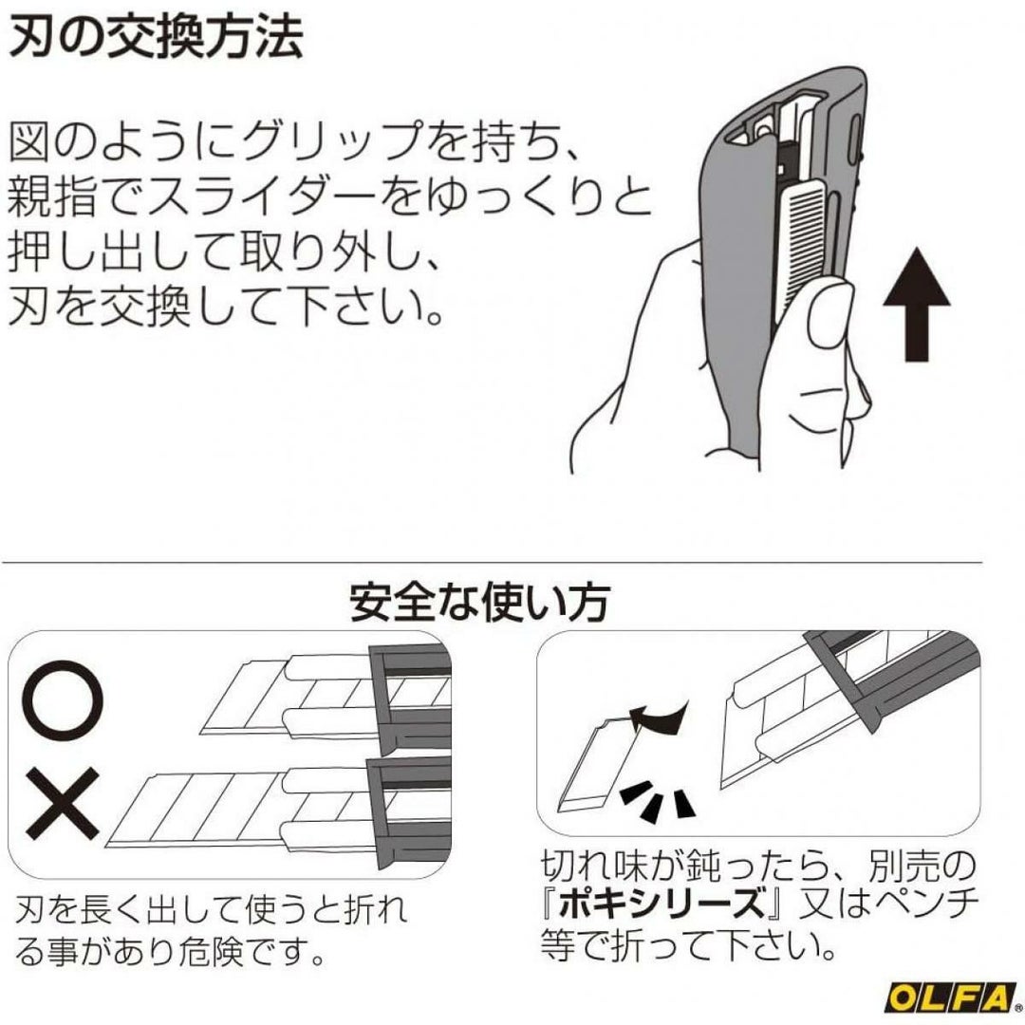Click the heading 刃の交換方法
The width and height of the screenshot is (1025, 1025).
156,37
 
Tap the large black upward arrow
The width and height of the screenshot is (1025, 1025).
917,304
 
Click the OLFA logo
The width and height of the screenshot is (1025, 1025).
950,997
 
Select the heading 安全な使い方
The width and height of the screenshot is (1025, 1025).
480,602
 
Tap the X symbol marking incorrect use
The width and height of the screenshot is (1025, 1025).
63,804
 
